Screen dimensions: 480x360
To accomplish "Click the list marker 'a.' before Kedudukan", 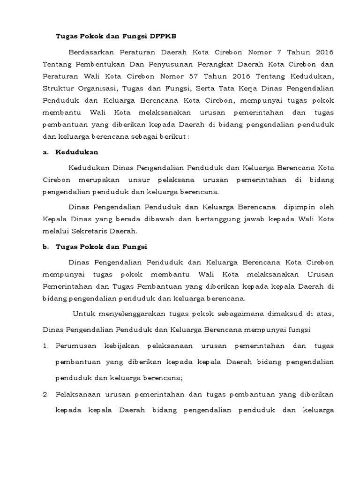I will [45, 152].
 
